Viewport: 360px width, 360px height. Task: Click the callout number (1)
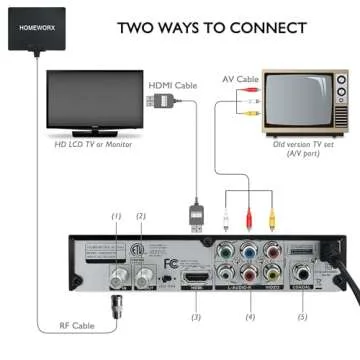tap(116, 216)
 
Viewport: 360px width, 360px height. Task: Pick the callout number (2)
tap(141, 216)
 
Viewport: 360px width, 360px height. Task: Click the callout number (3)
tap(196, 317)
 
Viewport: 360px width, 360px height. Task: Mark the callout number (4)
tap(250, 317)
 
